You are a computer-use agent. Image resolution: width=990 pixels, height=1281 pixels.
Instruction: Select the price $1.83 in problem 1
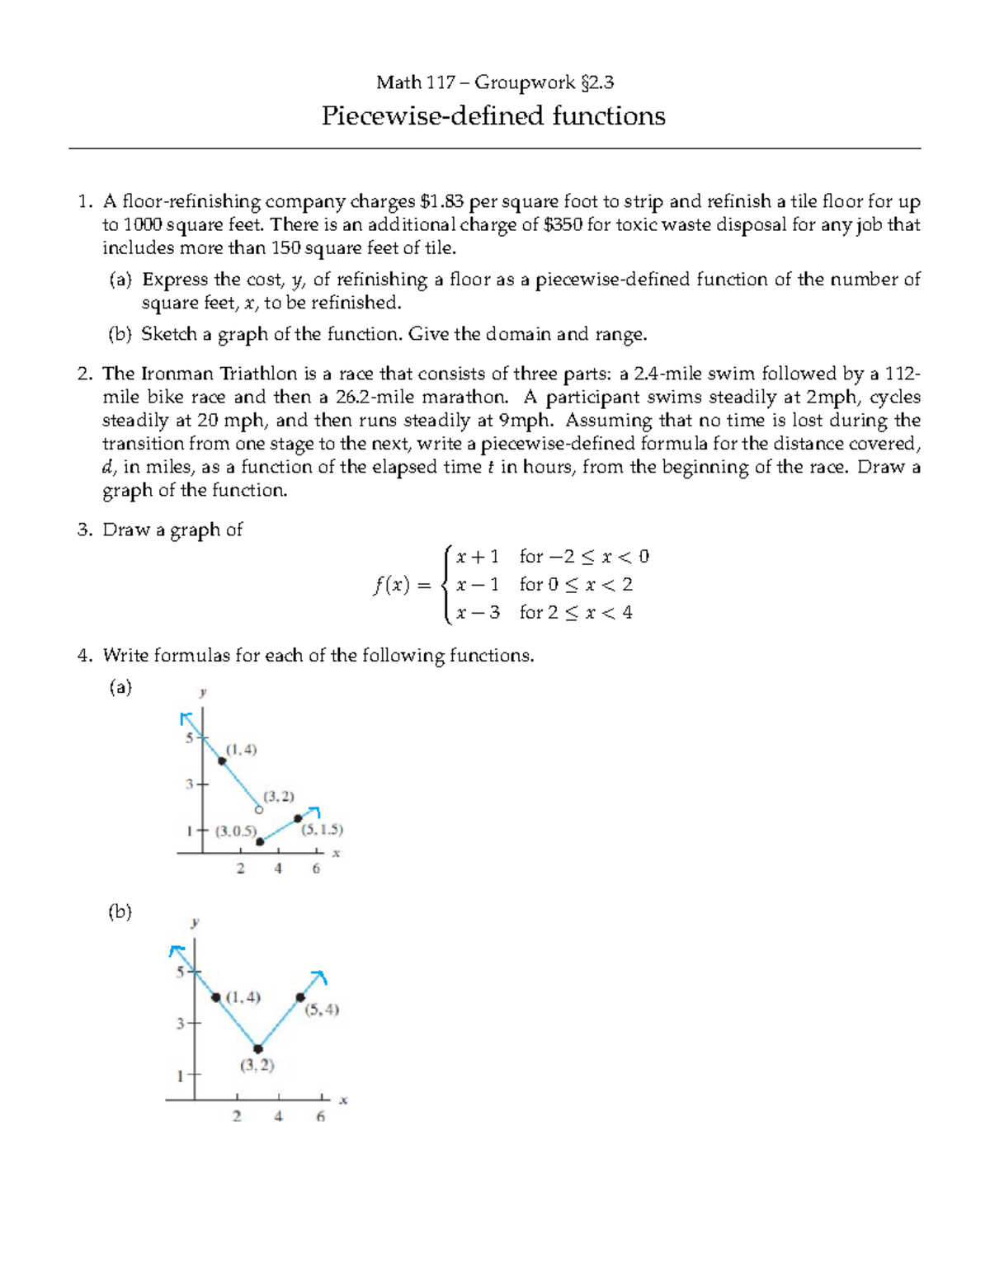[x=442, y=202]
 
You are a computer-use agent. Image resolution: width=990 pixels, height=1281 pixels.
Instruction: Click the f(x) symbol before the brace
[x=390, y=586]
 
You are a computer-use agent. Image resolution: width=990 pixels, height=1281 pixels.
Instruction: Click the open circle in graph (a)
[x=259, y=810]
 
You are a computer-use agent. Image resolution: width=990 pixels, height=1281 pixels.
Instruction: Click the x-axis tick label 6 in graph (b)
[x=320, y=1117]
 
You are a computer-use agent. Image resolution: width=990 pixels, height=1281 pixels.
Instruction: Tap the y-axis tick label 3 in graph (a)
[x=189, y=784]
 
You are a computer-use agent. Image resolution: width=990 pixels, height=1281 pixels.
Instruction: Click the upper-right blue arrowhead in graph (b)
[x=320, y=977]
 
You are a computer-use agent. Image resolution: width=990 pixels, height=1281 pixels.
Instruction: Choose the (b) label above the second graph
[x=120, y=912]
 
